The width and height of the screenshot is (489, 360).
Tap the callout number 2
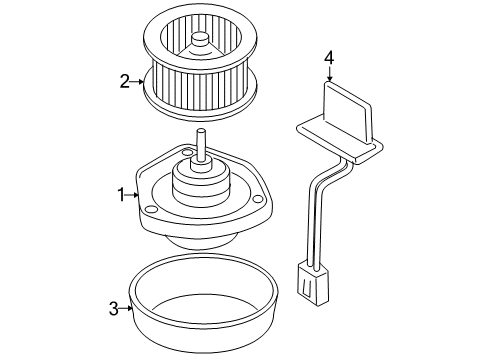[125, 82]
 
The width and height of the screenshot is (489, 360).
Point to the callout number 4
[329, 58]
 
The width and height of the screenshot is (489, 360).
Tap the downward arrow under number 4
[329, 76]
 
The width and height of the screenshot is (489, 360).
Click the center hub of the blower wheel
[200, 41]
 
